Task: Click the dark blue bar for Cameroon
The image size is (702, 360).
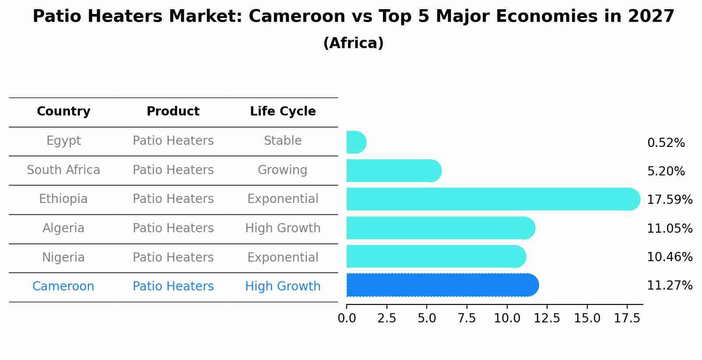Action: pyautogui.click(x=442, y=285)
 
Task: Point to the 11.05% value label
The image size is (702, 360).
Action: pyautogui.click(x=669, y=229)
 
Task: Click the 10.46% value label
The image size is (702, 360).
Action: pyautogui.click(x=669, y=257)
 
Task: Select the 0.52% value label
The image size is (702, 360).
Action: pyautogui.click(x=666, y=143)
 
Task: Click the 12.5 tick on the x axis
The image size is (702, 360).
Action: pyautogui.click(x=547, y=318)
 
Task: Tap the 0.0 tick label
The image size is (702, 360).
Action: pyautogui.click(x=347, y=318)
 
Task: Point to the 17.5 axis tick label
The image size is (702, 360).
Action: pyautogui.click(x=627, y=318)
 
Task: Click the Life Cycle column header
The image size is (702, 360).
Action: pyautogui.click(x=283, y=112)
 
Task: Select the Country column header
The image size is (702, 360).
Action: pyautogui.click(x=63, y=112)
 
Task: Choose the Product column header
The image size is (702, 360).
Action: pyautogui.click(x=173, y=112)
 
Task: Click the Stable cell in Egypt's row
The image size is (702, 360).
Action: pyautogui.click(x=283, y=141)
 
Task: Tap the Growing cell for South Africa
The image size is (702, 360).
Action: pyautogui.click(x=283, y=170)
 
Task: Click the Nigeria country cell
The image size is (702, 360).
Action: pyautogui.click(x=63, y=258)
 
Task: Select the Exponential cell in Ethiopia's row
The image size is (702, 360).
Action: pyautogui.click(x=283, y=199)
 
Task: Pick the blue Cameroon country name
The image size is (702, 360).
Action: pyautogui.click(x=63, y=287)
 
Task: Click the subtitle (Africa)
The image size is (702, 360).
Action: pyautogui.click(x=353, y=43)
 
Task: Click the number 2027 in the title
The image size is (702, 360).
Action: pyautogui.click(x=651, y=17)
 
